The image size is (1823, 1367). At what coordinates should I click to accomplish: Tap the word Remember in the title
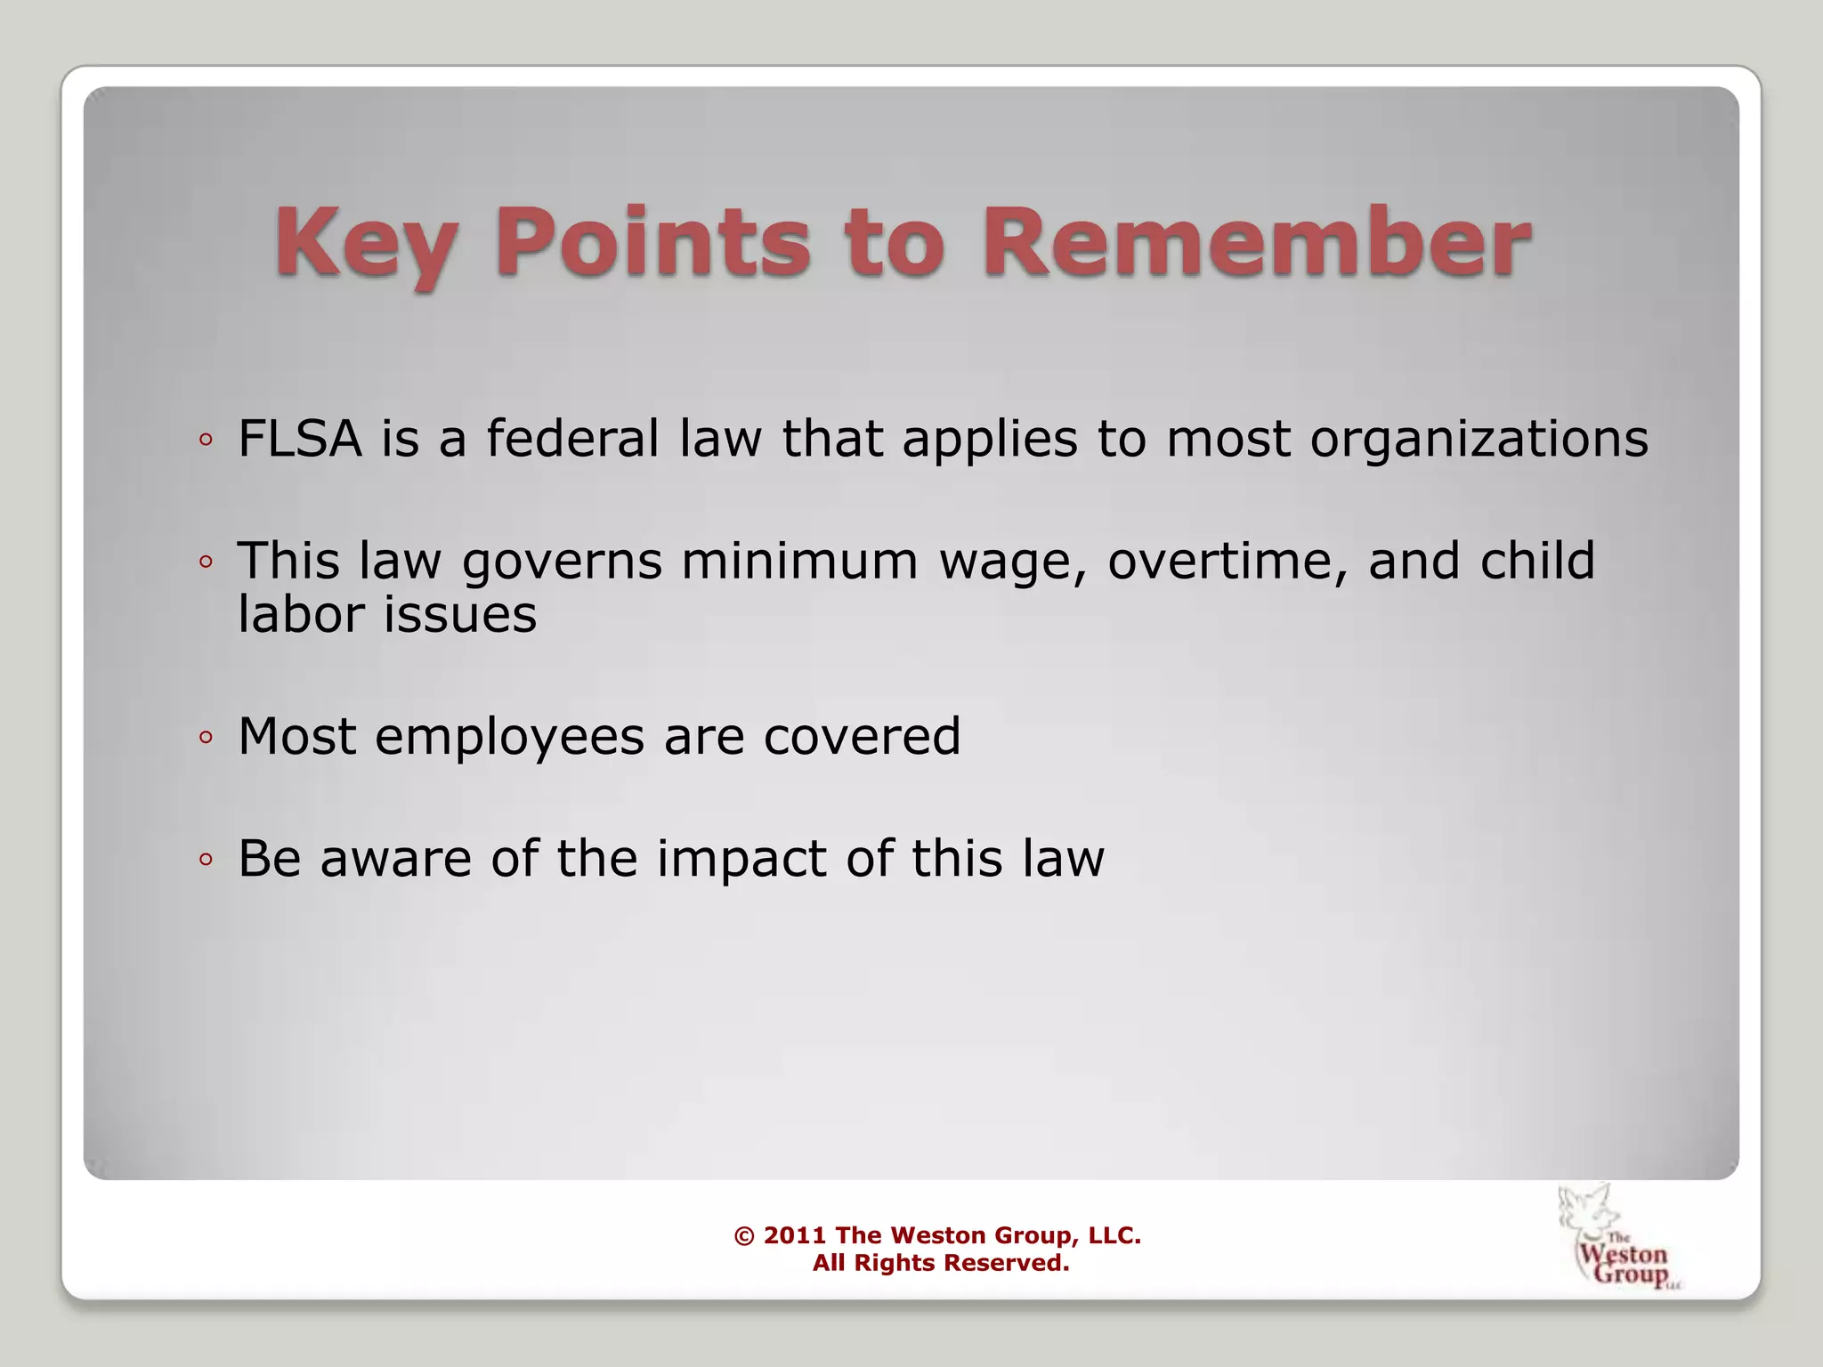1256,242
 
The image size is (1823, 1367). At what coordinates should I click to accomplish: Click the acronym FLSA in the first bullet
300,439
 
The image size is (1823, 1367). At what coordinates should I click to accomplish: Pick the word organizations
1479,441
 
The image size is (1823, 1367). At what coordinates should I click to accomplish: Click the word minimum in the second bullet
799,561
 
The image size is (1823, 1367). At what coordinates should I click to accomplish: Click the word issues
460,614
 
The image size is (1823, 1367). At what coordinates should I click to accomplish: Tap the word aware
395,860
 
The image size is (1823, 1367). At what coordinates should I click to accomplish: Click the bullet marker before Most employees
206,738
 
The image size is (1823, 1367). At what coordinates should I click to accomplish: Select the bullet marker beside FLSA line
206,440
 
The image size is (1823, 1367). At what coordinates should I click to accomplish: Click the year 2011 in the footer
795,1235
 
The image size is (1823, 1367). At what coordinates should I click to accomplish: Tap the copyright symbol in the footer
744,1236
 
